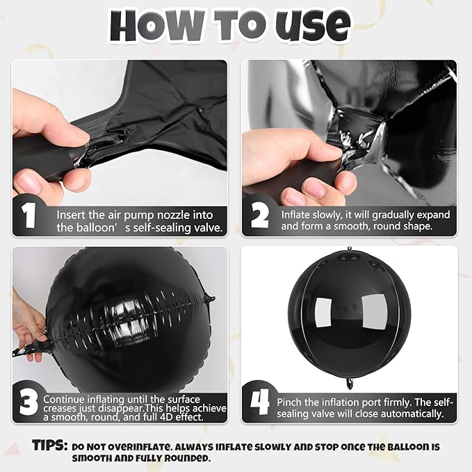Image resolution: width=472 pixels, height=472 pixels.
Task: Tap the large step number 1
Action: (x=29, y=215)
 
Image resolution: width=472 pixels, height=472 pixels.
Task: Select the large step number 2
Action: (x=260, y=215)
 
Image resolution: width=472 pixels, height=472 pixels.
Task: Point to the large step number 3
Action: (x=29, y=402)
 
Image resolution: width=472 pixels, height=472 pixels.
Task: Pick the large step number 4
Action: (x=259, y=402)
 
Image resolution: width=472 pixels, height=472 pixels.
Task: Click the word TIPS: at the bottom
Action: (x=50, y=446)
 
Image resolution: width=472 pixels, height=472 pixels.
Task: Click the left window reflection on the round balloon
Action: (x=323, y=312)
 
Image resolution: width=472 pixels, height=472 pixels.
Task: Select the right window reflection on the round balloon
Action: (x=374, y=311)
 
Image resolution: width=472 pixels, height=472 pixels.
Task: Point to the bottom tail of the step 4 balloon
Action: (x=350, y=383)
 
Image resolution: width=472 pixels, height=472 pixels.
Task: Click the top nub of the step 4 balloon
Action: (x=350, y=248)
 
